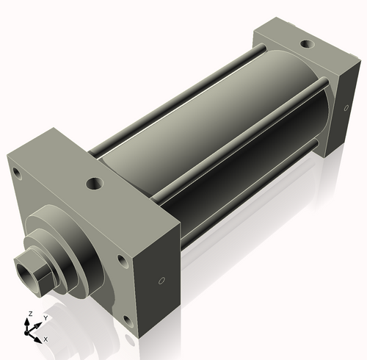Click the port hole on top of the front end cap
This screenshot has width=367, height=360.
pyautogui.click(x=93, y=182)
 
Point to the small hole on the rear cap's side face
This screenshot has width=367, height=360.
pyautogui.click(x=346, y=108)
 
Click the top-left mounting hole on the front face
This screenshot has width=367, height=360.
pyautogui.click(x=15, y=173)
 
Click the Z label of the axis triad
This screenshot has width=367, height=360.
pyautogui.click(x=29, y=314)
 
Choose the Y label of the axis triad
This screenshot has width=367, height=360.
pyautogui.click(x=45, y=318)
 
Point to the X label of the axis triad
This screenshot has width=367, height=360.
pyautogui.click(x=46, y=339)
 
